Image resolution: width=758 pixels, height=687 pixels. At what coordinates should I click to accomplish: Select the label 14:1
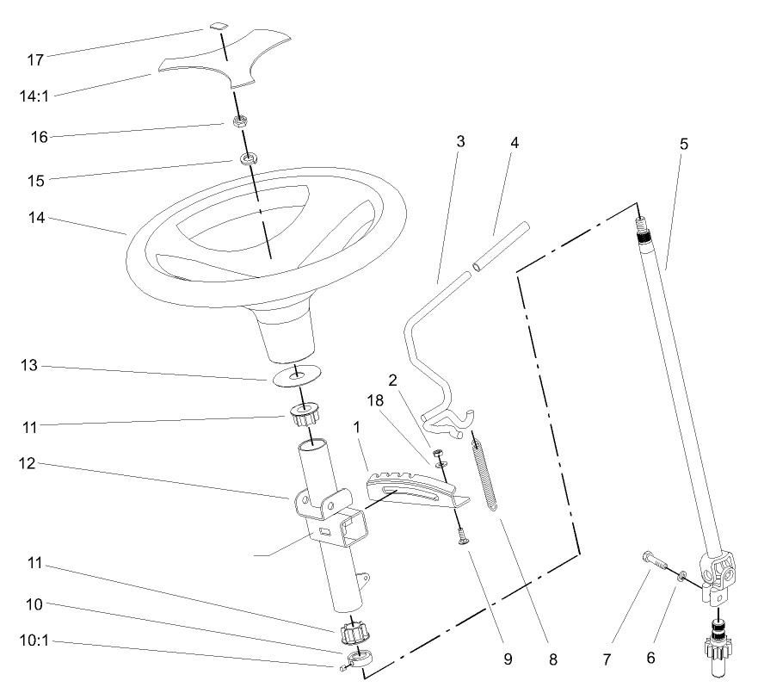coord(35,96)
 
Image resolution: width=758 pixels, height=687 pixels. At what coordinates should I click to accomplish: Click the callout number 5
coord(683,144)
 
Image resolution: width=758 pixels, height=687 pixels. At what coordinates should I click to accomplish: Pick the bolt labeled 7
coord(657,564)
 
